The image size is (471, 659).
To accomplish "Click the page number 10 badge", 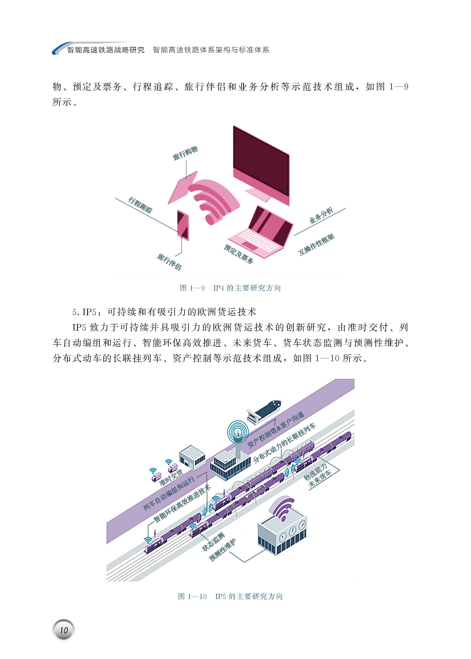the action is (x=64, y=630).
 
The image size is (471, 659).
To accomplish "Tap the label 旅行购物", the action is (x=185, y=153).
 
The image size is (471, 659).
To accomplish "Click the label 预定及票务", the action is (x=239, y=254).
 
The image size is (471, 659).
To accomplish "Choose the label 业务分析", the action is (x=321, y=215).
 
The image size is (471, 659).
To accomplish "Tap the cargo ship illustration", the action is (x=264, y=411).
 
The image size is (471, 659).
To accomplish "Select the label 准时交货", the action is (x=171, y=477).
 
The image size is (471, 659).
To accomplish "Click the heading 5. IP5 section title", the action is (x=164, y=312).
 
